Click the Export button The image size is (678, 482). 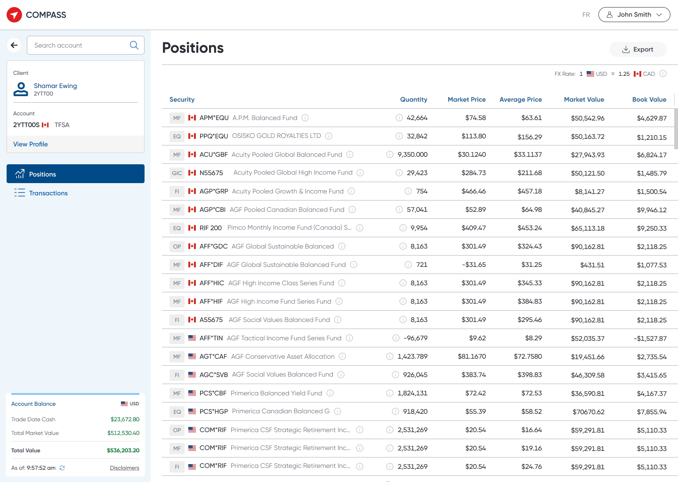[638, 49]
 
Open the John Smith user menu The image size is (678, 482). [634, 15]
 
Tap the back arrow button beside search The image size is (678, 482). [14, 45]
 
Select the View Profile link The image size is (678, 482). [30, 144]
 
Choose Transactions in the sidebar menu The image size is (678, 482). [48, 193]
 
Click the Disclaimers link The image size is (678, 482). [124, 468]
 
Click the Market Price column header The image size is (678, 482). [467, 99]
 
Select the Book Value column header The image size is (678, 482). [649, 99]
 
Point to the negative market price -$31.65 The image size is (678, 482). [474, 265]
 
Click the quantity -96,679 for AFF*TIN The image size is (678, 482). [415, 338]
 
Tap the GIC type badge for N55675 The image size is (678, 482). [177, 173]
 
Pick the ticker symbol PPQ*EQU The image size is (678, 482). [214, 136]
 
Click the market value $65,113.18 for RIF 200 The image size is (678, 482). [588, 228]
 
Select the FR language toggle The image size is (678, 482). [586, 15]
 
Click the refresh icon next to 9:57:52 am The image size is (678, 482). [62, 468]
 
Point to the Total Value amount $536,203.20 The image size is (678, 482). [123, 450]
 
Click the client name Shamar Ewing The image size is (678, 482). [56, 86]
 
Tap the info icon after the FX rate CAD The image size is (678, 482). [662, 73]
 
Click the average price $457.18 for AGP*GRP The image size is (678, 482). [529, 191]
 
